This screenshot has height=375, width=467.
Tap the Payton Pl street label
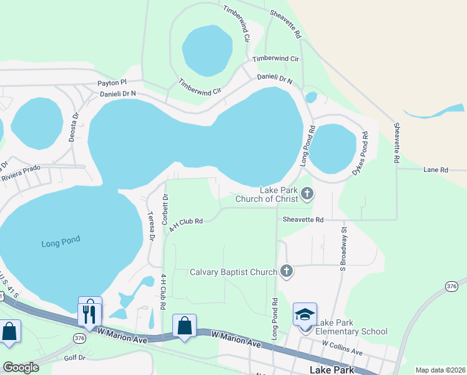pyautogui.click(x=112, y=82)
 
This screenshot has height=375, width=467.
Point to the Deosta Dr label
pyautogui.click(x=74, y=127)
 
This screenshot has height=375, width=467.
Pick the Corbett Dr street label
pyautogui.click(x=165, y=209)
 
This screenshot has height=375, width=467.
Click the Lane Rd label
pyautogui.click(x=436, y=169)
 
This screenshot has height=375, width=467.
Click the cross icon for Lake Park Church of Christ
pyautogui.click(x=307, y=194)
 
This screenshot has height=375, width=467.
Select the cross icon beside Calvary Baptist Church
pyautogui.click(x=286, y=271)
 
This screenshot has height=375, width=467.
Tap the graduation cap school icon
pyautogui.click(x=305, y=314)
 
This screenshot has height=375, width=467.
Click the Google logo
pyautogui.click(x=21, y=367)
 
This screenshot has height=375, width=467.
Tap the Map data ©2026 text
pyautogui.click(x=440, y=370)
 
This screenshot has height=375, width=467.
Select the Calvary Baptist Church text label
pyautogui.click(x=233, y=272)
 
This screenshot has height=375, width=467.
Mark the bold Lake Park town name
pyautogui.click(x=332, y=369)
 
